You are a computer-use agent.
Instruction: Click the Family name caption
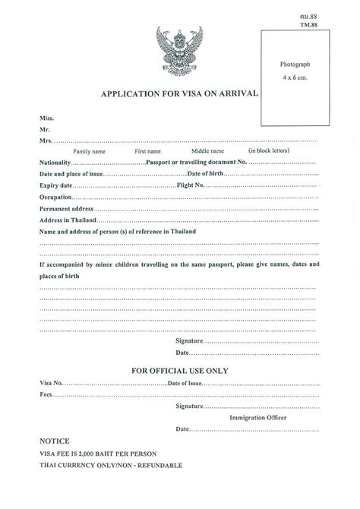click(89, 152)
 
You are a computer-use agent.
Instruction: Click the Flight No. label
click(191, 185)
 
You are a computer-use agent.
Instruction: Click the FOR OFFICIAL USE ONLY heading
click(179, 370)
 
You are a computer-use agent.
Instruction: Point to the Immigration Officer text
click(261, 417)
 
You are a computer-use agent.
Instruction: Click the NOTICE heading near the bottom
click(54, 440)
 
